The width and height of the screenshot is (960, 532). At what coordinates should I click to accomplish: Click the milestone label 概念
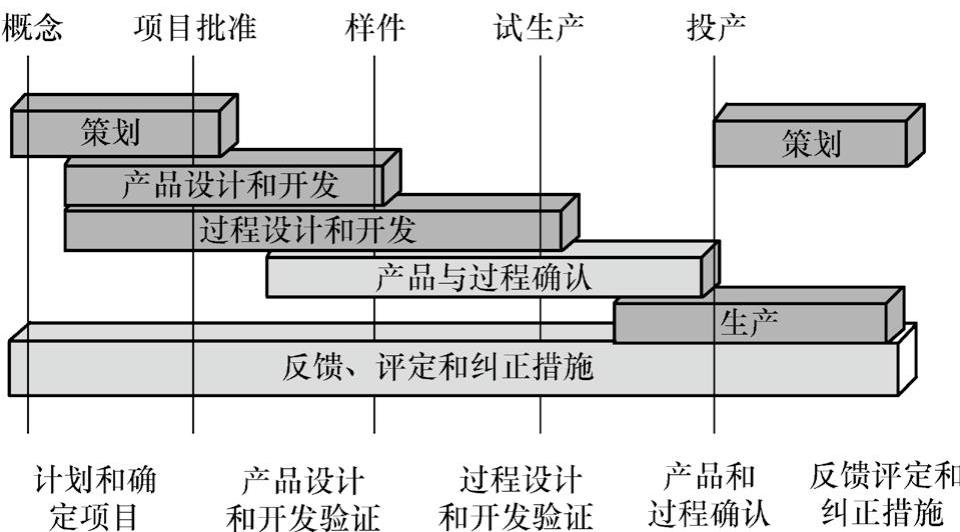click(x=32, y=28)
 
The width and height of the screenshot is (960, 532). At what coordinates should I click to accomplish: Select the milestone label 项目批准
click(x=194, y=28)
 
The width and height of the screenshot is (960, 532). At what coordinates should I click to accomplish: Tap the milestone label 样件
click(x=375, y=28)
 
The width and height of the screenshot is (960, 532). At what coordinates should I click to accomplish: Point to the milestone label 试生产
click(x=540, y=28)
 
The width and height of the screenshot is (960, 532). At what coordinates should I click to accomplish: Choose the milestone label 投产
click(x=716, y=28)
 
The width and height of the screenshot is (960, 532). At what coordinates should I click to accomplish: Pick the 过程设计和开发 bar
click(x=310, y=230)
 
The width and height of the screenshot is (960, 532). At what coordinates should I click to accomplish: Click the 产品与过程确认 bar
click(x=484, y=276)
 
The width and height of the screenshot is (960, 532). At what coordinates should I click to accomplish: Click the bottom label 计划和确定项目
click(x=95, y=497)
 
